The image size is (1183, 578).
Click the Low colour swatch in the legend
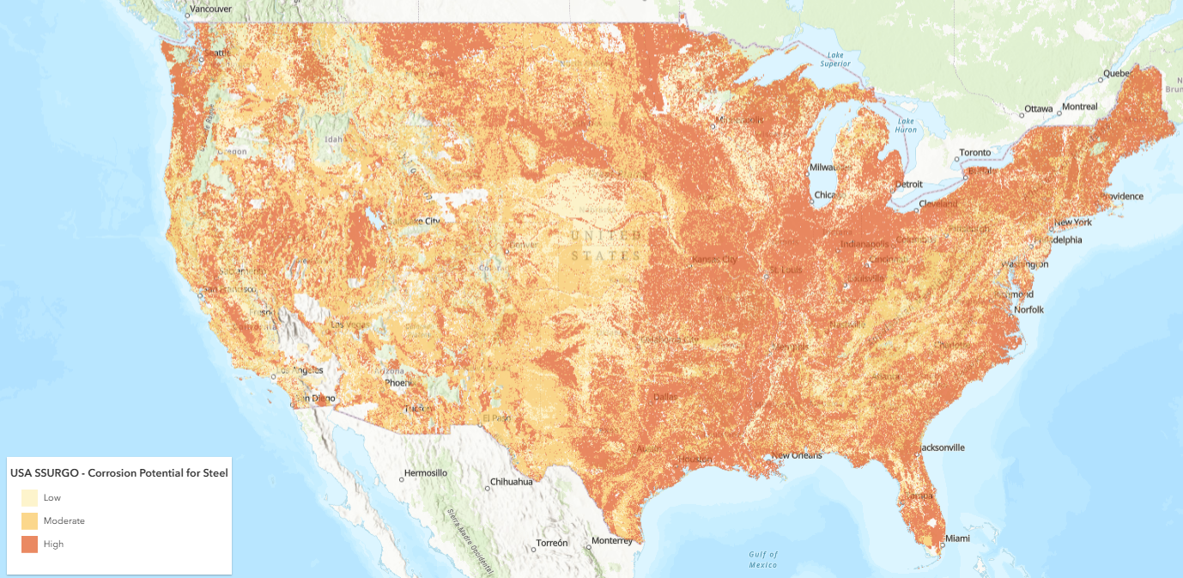coord(29,497)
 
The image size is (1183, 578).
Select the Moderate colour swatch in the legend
coord(29,520)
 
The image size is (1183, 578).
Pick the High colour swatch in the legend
coord(29,544)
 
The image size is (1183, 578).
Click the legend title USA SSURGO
coord(118,472)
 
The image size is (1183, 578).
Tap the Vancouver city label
coord(210,9)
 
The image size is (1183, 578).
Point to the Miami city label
coord(956,538)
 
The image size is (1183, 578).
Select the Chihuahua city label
coord(512,482)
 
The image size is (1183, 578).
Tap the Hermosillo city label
coord(426,473)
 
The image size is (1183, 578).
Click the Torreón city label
coord(551,544)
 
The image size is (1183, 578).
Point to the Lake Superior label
coord(834,59)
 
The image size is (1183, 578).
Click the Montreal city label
coord(1079,106)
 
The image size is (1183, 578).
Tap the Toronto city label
coord(974,152)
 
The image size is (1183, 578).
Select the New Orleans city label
coord(797,455)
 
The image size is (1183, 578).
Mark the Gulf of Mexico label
coord(762,559)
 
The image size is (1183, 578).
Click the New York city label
coord(1073,222)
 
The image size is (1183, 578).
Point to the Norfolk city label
coord(1028,309)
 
